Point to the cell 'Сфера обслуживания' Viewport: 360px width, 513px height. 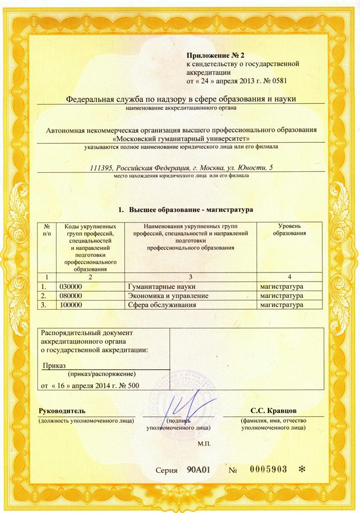coord(161,305)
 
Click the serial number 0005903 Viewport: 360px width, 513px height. coord(268,469)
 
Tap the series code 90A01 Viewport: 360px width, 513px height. coord(199,470)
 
